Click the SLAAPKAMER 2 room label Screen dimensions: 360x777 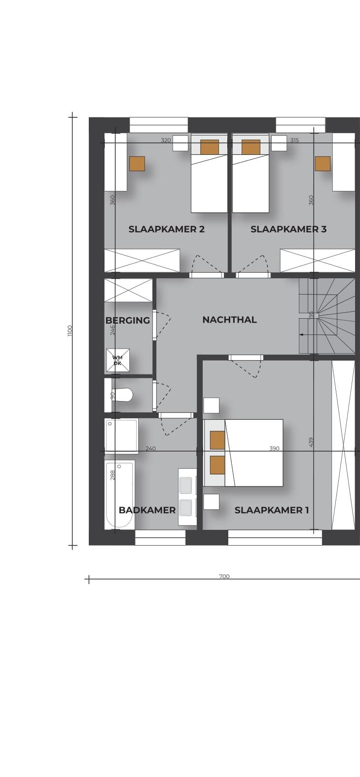click(x=167, y=229)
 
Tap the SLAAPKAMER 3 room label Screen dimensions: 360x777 click(x=288, y=229)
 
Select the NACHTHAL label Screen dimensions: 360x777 click(x=230, y=320)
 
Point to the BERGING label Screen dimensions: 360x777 click(x=128, y=320)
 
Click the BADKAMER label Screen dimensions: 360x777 click(x=147, y=510)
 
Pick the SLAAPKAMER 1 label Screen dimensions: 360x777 click(x=272, y=510)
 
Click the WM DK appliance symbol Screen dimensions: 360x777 click(x=117, y=360)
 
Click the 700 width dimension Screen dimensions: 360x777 click(x=224, y=576)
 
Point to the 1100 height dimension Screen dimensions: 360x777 click(x=70, y=331)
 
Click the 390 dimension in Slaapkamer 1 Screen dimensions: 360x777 click(x=274, y=448)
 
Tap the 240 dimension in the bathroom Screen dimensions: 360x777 click(x=150, y=448)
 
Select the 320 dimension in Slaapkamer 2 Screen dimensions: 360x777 click(x=166, y=141)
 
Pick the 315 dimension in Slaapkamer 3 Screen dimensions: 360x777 click(x=294, y=141)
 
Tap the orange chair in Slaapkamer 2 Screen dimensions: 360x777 click(x=137, y=164)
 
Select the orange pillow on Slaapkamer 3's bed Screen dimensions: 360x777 click(x=251, y=147)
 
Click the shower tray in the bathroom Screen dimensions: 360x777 click(x=121, y=436)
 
